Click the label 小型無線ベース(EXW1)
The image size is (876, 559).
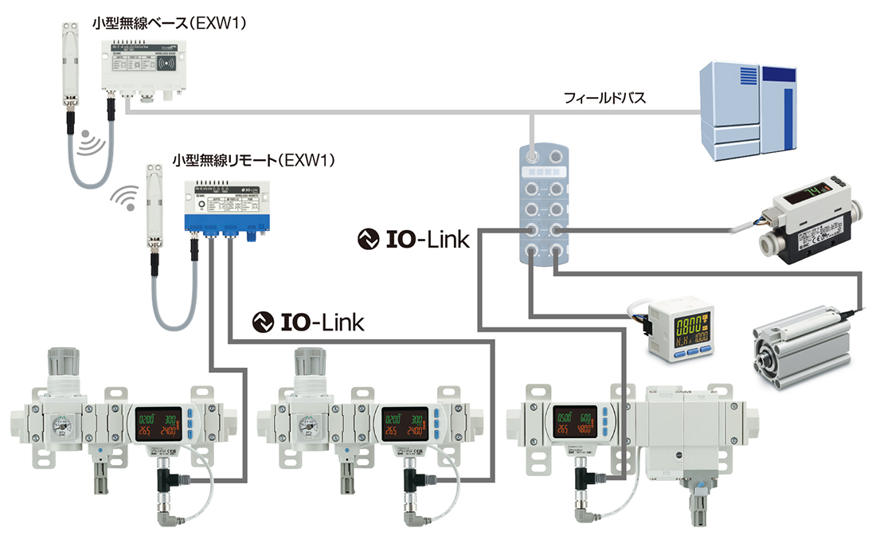[x=169, y=23]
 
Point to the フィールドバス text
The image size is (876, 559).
[x=604, y=99]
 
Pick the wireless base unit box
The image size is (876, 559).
[x=142, y=68]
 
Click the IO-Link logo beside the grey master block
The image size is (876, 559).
[x=414, y=237]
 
